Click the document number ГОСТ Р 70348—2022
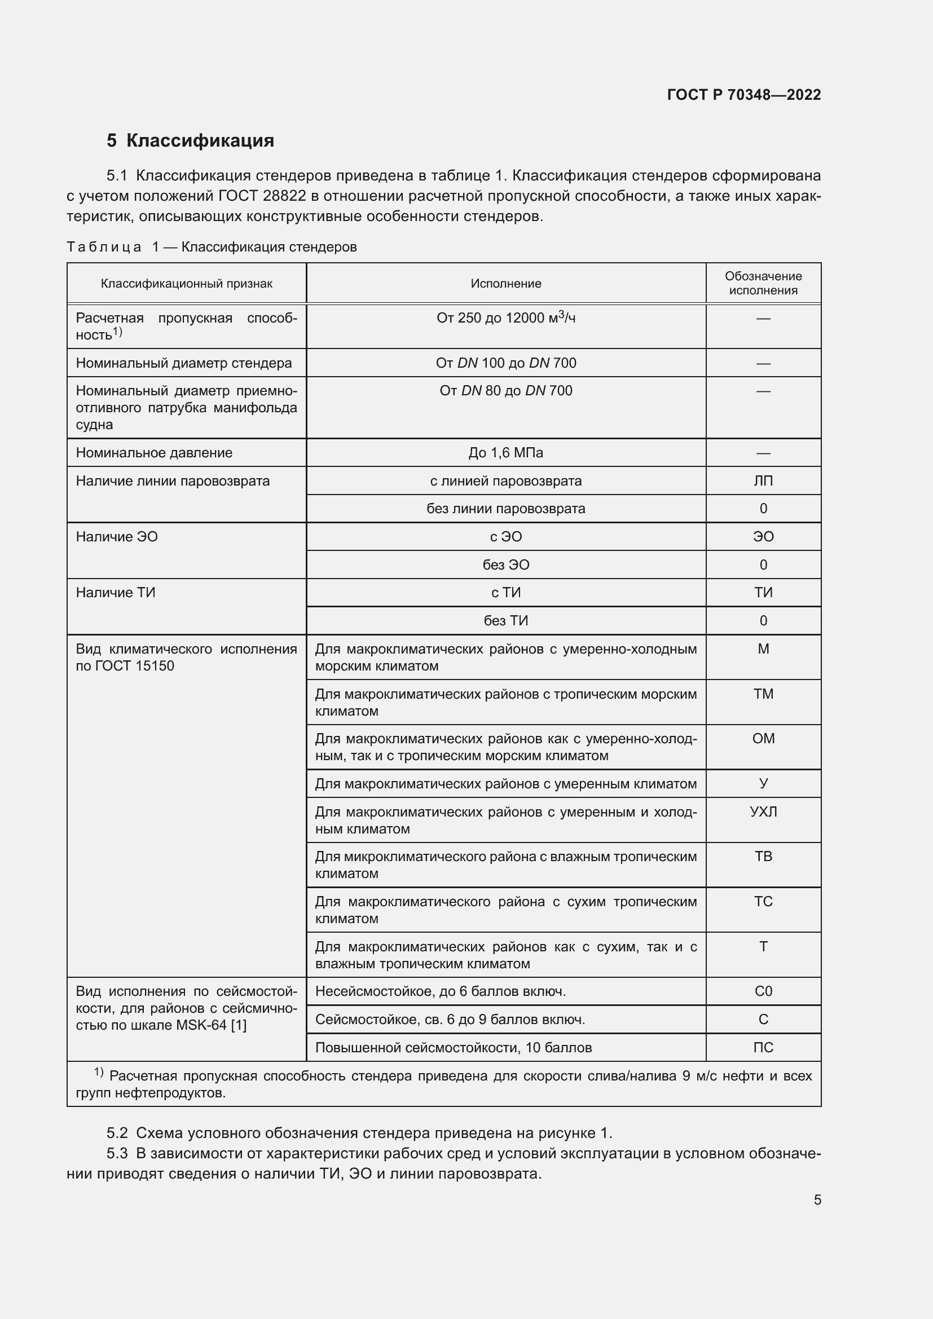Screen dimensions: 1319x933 click(x=743, y=95)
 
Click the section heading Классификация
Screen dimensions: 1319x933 click(x=199, y=141)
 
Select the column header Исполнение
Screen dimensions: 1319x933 click(x=505, y=283)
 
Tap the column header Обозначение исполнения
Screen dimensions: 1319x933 click(x=763, y=283)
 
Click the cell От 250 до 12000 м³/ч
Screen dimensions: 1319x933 click(x=505, y=317)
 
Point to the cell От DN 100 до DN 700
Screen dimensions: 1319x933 click(x=505, y=363)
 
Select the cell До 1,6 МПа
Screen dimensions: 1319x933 click(x=505, y=453)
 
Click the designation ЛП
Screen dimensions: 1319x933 click(x=763, y=481)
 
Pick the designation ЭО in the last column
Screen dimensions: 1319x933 click(x=763, y=536)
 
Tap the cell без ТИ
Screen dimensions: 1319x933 click(x=505, y=620)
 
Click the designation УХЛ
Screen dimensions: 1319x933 click(x=763, y=811)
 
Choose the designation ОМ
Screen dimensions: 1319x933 click(x=763, y=738)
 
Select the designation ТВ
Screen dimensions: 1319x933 click(x=763, y=856)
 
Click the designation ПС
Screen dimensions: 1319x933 click(x=763, y=1047)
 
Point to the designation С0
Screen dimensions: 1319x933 click(x=763, y=991)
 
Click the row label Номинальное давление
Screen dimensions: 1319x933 click(x=154, y=453)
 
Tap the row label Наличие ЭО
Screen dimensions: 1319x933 click(x=117, y=536)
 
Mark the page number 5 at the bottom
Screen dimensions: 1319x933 click(x=817, y=1199)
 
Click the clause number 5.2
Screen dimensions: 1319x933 click(x=117, y=1133)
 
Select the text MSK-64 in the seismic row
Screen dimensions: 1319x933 click(x=201, y=1025)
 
